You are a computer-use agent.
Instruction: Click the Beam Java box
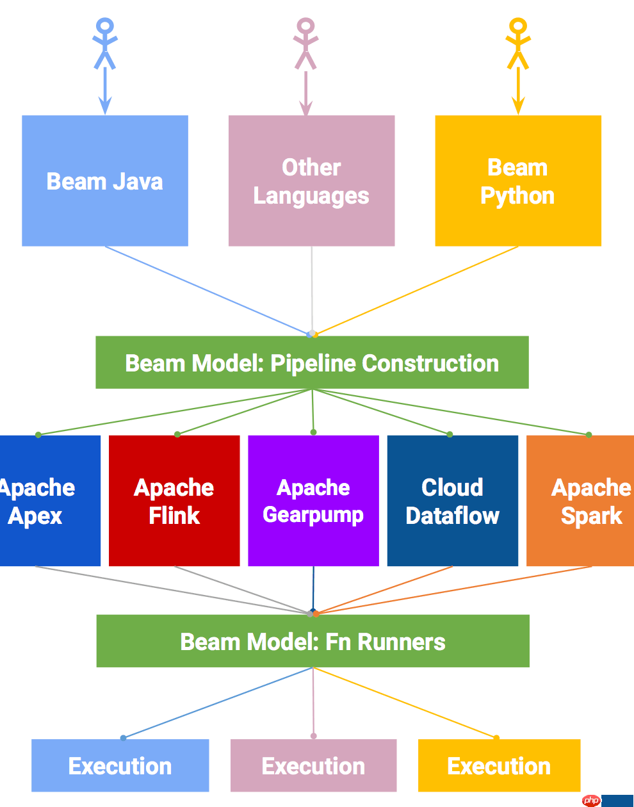[105, 181]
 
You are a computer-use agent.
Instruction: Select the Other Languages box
[311, 181]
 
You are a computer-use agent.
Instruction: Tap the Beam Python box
[517, 181]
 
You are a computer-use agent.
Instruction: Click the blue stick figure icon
[105, 44]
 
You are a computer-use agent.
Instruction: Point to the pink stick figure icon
[305, 44]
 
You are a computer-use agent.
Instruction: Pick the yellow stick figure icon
[517, 44]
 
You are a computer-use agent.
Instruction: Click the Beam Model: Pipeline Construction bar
[312, 363]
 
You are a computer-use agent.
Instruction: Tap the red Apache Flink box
[174, 501]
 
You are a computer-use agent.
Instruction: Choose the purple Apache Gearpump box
[313, 501]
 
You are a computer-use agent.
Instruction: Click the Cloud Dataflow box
[452, 501]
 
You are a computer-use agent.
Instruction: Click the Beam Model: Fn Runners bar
[313, 641]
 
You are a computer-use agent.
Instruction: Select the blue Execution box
[120, 765]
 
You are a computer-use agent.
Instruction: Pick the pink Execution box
[313, 765]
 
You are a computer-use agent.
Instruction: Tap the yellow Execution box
[499, 765]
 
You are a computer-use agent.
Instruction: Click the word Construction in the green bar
[430, 363]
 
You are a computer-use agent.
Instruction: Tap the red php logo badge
[592, 801]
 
